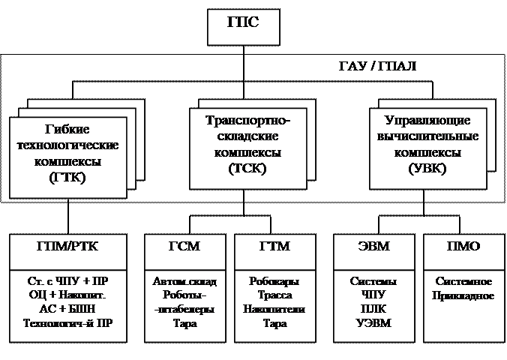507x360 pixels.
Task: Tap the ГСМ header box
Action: pyautogui.click(x=184, y=246)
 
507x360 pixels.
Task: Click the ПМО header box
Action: pyautogui.click(x=463, y=246)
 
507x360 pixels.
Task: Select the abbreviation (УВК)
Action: pyautogui.click(x=428, y=168)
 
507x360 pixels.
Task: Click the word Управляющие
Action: pyautogui.click(x=427, y=120)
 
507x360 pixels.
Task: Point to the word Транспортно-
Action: pyautogui.click(x=247, y=120)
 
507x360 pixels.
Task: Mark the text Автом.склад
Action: pyautogui.click(x=184, y=282)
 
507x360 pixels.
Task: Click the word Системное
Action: pyautogui.click(x=463, y=282)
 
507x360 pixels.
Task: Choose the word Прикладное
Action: pyautogui.click(x=463, y=295)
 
